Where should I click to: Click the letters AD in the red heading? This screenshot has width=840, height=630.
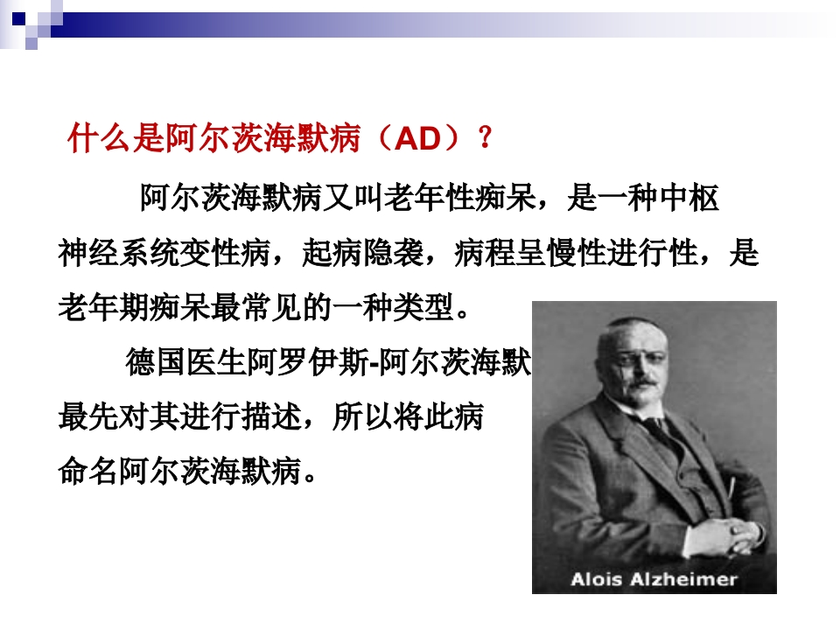pos(416,140)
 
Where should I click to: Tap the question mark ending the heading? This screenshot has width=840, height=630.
pos(484,140)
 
